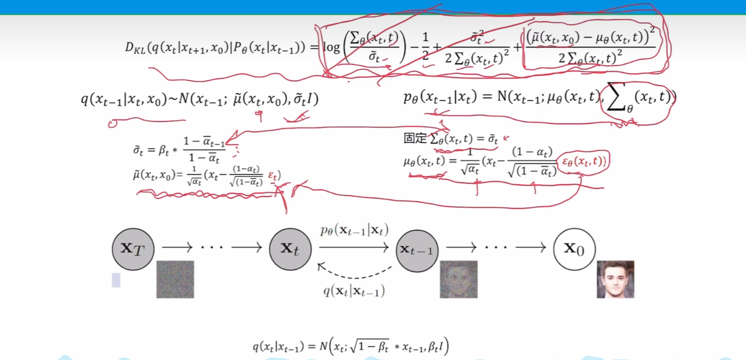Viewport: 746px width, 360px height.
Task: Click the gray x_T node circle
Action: click(x=133, y=249)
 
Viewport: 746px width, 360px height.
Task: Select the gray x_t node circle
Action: click(x=290, y=249)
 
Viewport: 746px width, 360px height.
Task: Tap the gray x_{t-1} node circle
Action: click(x=417, y=250)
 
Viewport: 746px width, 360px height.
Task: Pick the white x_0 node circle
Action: click(x=574, y=249)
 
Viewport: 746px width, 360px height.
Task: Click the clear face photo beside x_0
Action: click(x=615, y=279)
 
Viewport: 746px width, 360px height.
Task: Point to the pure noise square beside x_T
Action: click(x=175, y=279)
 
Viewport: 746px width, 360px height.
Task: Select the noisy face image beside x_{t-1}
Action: click(x=458, y=279)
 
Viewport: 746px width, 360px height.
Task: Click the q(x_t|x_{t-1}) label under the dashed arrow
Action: click(x=354, y=291)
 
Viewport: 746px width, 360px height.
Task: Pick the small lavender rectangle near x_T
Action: click(x=116, y=280)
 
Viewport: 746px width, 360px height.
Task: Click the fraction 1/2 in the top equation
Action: click(x=425, y=47)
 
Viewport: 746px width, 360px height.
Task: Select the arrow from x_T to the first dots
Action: click(x=177, y=248)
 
